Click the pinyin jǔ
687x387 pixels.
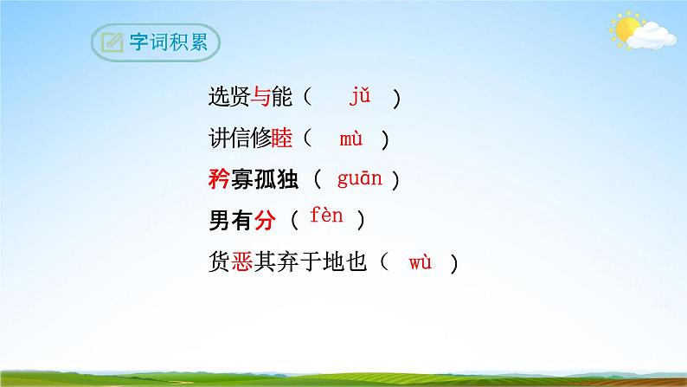[x=360, y=96]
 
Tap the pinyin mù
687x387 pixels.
[x=351, y=138]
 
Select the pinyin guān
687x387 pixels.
[x=357, y=179]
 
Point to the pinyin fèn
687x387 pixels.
[x=326, y=217]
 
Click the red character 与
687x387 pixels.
[x=260, y=98]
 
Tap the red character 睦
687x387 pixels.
[x=282, y=139]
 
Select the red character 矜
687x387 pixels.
[x=219, y=180]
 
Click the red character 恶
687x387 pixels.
[x=241, y=262]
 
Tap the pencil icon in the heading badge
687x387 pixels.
[x=112, y=43]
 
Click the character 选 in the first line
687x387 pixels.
[x=219, y=98]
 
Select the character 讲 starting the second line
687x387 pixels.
[x=219, y=139]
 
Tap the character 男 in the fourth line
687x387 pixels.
[x=219, y=222]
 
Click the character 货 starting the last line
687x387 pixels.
[x=219, y=262]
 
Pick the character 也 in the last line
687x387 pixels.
[x=365, y=262]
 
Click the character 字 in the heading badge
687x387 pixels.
[x=139, y=43]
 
